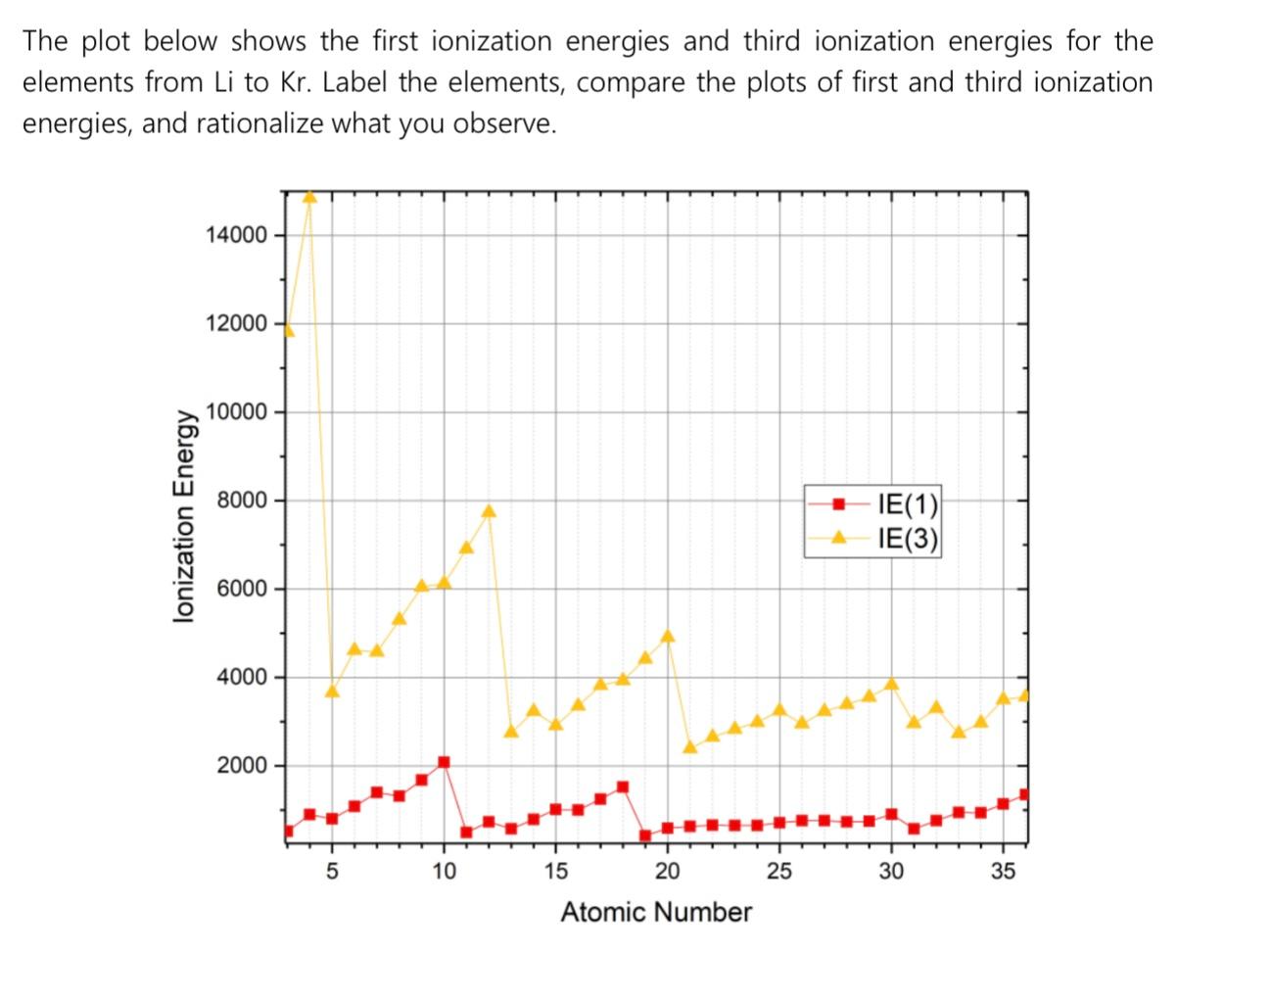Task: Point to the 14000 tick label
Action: pos(236,235)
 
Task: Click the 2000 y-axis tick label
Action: pos(241,766)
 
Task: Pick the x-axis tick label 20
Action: pos(667,871)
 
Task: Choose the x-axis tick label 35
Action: pos(1003,871)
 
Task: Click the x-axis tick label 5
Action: pos(332,871)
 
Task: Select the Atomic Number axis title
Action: pos(656,913)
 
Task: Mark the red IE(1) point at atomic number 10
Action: pos(444,762)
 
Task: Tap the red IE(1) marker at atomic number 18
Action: pos(623,786)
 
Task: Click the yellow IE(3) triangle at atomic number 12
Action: pos(489,511)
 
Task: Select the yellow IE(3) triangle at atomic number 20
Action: pos(668,636)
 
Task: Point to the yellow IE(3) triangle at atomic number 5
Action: pos(332,691)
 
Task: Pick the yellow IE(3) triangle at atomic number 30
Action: pos(891,684)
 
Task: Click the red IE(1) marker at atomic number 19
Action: pos(645,835)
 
